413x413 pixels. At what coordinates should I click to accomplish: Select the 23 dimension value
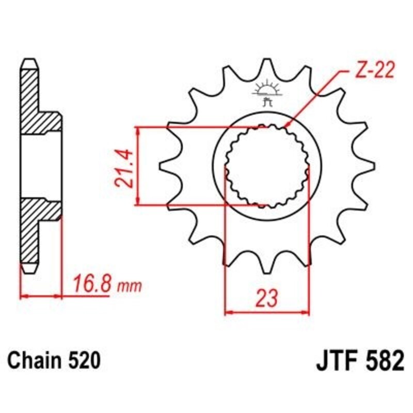click(x=267, y=298)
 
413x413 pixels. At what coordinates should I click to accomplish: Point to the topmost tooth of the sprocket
click(x=267, y=65)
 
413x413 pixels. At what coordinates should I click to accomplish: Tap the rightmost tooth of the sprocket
click(x=368, y=166)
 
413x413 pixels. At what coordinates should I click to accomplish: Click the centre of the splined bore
click(x=267, y=166)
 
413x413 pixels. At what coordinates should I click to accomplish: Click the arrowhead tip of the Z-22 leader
click(x=285, y=126)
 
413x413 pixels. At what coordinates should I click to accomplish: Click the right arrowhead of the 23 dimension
click(x=308, y=312)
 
